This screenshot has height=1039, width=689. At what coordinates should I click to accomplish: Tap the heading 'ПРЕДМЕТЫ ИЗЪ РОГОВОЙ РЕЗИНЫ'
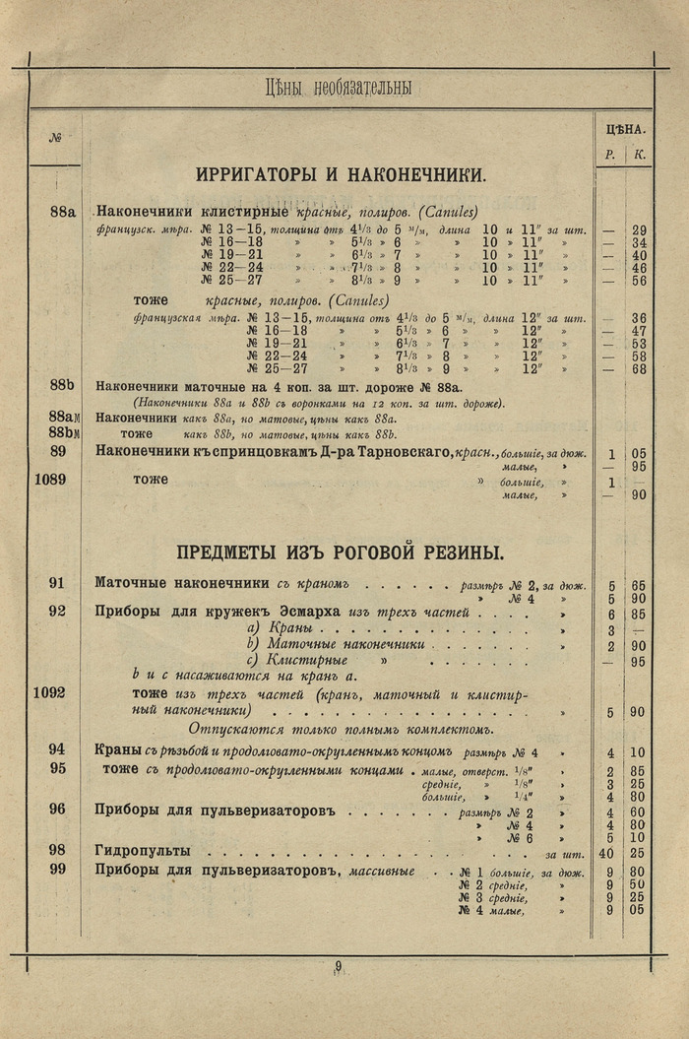click(x=340, y=552)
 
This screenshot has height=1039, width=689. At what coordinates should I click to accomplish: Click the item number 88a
click(x=62, y=210)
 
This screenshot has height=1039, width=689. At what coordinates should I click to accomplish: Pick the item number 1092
click(x=48, y=693)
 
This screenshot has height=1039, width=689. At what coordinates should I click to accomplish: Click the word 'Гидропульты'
click(x=143, y=850)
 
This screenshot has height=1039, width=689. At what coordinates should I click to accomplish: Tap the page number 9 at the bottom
click(x=338, y=966)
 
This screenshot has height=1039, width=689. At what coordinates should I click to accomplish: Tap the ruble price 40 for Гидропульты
click(x=606, y=853)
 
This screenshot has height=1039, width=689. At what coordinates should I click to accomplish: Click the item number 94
click(x=57, y=749)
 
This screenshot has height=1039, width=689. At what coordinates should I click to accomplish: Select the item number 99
click(x=57, y=868)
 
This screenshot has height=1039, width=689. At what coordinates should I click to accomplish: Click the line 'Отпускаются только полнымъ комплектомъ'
click(x=353, y=730)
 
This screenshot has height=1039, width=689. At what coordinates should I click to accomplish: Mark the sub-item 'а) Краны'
click(x=280, y=628)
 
